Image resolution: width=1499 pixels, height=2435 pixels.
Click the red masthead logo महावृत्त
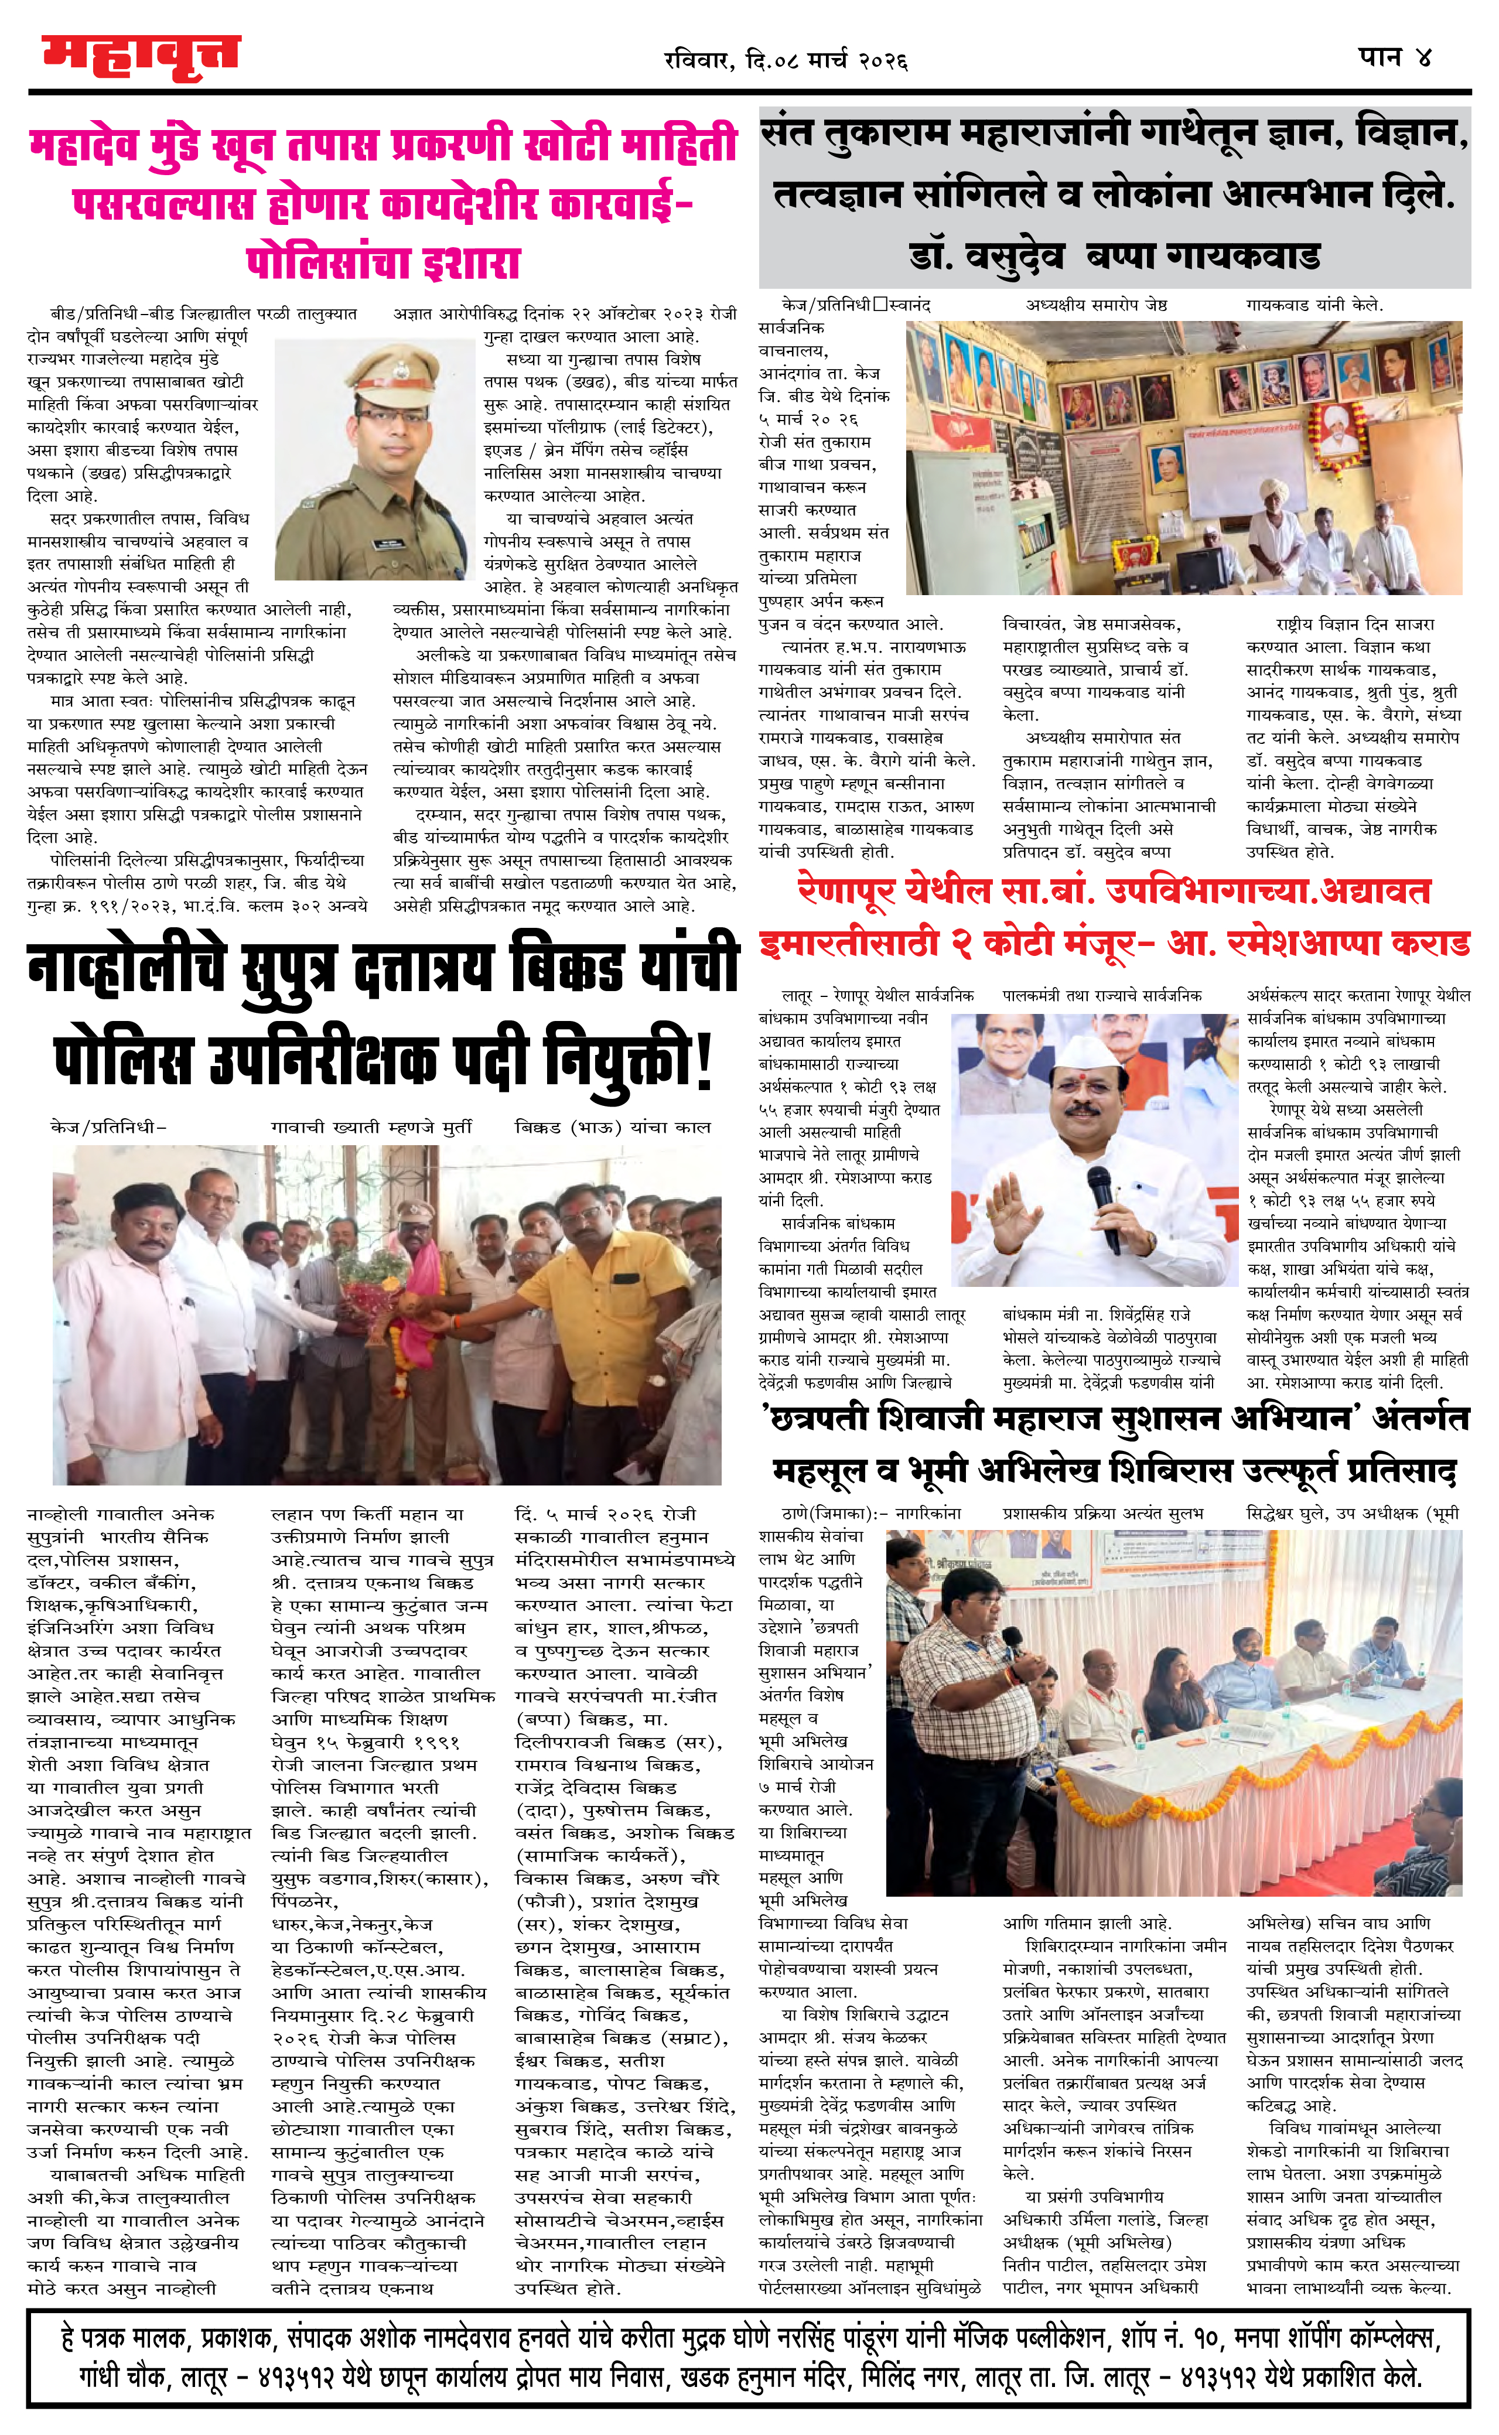pos(141,57)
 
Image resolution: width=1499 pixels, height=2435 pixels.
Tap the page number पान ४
pos(1395,56)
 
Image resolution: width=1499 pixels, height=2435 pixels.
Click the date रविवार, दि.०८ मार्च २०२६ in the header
pos(785,60)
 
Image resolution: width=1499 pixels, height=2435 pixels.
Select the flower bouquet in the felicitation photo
pos(375,1298)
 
